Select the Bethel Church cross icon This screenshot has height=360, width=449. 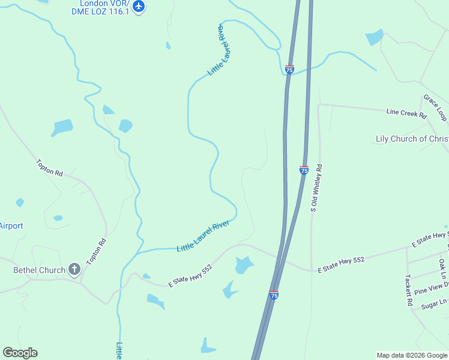click(x=74, y=269)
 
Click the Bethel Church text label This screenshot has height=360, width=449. click(x=39, y=270)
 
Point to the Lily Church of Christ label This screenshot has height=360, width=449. click(x=412, y=139)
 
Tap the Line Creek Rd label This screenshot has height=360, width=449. click(x=406, y=112)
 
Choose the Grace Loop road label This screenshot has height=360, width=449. click(x=435, y=107)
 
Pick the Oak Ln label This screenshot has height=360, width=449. click(x=442, y=268)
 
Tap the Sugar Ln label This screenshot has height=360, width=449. click(x=434, y=304)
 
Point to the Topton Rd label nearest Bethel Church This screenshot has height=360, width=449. click(x=97, y=252)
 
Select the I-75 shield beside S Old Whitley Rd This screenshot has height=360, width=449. click(x=304, y=170)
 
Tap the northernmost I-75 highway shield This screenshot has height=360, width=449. click(x=289, y=70)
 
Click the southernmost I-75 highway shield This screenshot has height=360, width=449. click(x=274, y=295)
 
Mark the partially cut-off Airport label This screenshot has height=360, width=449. click(x=11, y=226)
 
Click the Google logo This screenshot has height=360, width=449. click(x=20, y=353)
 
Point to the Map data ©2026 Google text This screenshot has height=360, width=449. click(x=412, y=355)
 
